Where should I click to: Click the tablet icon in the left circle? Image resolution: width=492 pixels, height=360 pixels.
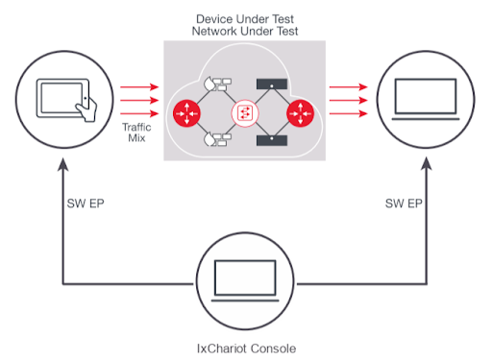pyautogui.click(x=66, y=100)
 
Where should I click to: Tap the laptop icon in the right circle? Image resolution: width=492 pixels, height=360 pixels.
pyautogui.click(x=426, y=99)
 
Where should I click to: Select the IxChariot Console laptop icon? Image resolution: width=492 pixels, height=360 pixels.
pyautogui.click(x=245, y=280)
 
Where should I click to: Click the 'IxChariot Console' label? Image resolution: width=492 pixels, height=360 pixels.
pyautogui.click(x=246, y=348)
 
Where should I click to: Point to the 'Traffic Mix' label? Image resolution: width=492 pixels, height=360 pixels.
pyautogui.click(x=136, y=132)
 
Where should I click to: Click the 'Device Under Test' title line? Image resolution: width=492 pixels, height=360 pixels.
pyautogui.click(x=245, y=19)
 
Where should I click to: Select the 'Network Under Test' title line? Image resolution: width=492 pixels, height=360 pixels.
pyautogui.click(x=245, y=32)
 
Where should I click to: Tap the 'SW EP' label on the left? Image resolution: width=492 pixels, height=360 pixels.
pyautogui.click(x=86, y=204)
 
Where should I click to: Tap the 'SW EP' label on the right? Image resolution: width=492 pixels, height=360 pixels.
pyautogui.click(x=404, y=204)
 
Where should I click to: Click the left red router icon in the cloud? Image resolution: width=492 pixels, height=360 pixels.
pyautogui.click(x=186, y=113)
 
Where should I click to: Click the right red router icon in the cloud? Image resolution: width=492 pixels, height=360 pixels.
pyautogui.click(x=300, y=113)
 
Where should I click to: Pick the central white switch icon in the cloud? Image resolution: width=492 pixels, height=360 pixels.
pyautogui.click(x=245, y=113)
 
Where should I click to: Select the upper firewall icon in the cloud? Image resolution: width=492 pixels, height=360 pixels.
pyautogui.click(x=218, y=84)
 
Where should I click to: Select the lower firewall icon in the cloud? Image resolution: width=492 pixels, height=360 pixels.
pyautogui.click(x=218, y=139)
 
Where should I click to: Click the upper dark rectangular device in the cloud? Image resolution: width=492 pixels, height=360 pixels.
pyautogui.click(x=272, y=84)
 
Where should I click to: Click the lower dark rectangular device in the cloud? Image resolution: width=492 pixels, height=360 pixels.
pyautogui.click(x=272, y=140)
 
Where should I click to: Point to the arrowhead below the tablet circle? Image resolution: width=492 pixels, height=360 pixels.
pyautogui.click(x=63, y=163)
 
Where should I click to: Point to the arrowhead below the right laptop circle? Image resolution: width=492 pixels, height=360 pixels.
pyautogui.click(x=427, y=163)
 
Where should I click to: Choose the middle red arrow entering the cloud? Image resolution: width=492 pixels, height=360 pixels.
pyautogui.click(x=139, y=101)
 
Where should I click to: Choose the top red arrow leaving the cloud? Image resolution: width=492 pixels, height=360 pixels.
pyautogui.click(x=349, y=86)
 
